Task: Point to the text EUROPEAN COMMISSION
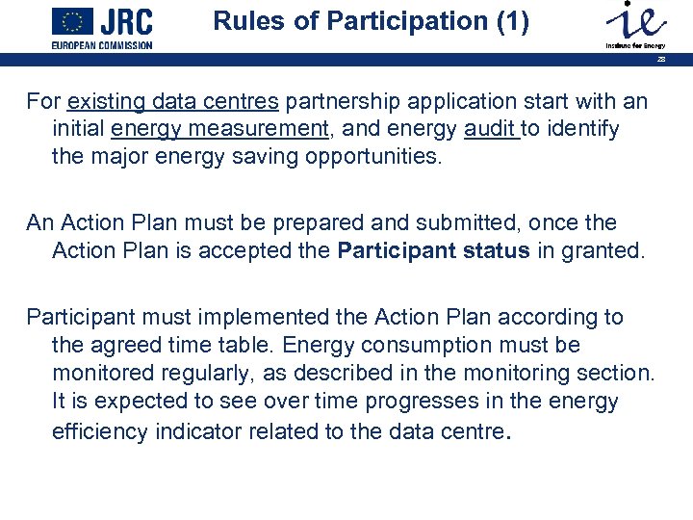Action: [x=102, y=44]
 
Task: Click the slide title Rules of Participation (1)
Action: [x=371, y=21]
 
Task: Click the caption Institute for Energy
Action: [x=635, y=45]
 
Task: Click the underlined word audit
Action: [x=491, y=129]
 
